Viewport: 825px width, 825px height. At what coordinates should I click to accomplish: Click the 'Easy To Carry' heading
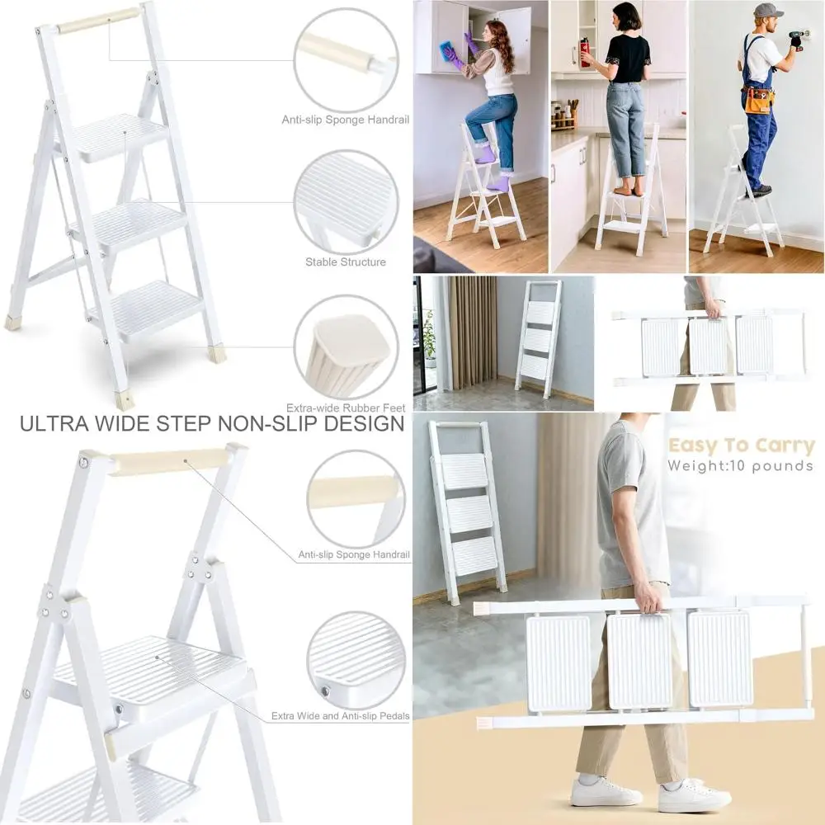point(741,446)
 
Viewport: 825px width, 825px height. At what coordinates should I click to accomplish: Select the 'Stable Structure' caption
point(346,262)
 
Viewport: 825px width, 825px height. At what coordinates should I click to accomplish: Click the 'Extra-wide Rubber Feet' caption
point(345,408)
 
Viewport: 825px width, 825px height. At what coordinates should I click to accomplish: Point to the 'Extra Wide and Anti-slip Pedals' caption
point(341,716)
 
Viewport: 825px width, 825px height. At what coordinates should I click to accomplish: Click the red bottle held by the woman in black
point(585,51)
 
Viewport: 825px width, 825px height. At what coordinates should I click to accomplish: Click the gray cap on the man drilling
point(766,11)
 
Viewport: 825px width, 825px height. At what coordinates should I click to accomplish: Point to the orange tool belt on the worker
point(759,100)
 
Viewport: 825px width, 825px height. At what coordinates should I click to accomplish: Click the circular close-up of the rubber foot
point(346,347)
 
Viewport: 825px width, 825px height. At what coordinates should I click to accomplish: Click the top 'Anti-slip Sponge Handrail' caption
point(346,120)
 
